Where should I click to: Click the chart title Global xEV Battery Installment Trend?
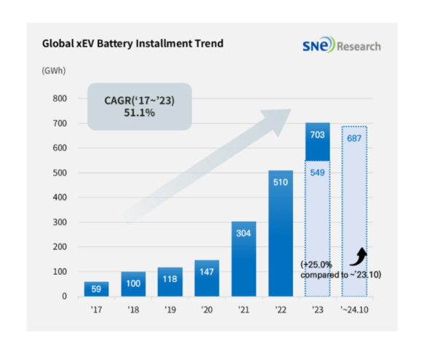[x=133, y=44]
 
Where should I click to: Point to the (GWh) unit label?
[x=54, y=71]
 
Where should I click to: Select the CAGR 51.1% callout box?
[x=137, y=106]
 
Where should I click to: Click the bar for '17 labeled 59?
[x=97, y=289]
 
